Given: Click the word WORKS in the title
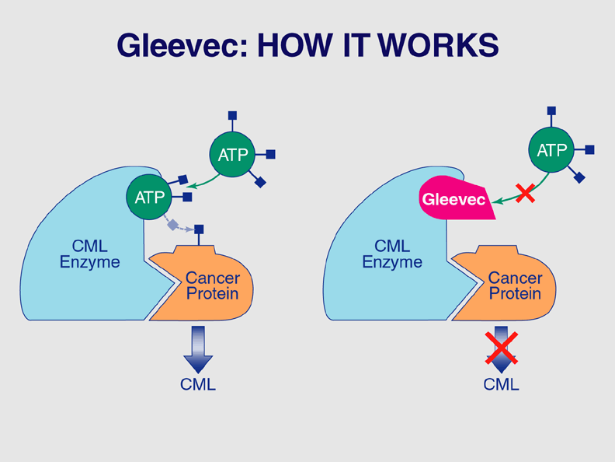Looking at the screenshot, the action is tap(438, 46).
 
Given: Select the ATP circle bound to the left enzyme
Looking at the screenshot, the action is tap(149, 198).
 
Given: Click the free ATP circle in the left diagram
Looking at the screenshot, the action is tap(233, 155).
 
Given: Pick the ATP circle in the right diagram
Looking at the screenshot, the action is tap(551, 149).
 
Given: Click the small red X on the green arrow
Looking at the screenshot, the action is tap(525, 193).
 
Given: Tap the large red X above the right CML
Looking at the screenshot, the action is tap(502, 348).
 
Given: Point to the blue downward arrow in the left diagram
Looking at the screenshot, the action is tap(199, 350).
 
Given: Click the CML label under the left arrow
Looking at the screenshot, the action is tap(198, 384).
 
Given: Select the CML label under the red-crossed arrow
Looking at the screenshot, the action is tap(502, 384).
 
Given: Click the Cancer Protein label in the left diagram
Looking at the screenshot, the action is tap(213, 285).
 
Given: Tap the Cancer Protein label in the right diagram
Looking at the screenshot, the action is tap(516, 285).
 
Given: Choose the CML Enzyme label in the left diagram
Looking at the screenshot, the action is tap(90, 254).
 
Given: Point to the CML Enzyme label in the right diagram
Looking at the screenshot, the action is tap(392, 254).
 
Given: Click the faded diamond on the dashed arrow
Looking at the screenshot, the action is tap(172, 225).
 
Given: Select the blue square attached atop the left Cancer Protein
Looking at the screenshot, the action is tap(199, 229).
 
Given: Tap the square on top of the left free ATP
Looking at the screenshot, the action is tap(233, 115).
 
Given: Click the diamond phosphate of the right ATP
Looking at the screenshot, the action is tap(579, 177).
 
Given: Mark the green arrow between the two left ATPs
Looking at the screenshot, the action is tap(203, 183).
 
